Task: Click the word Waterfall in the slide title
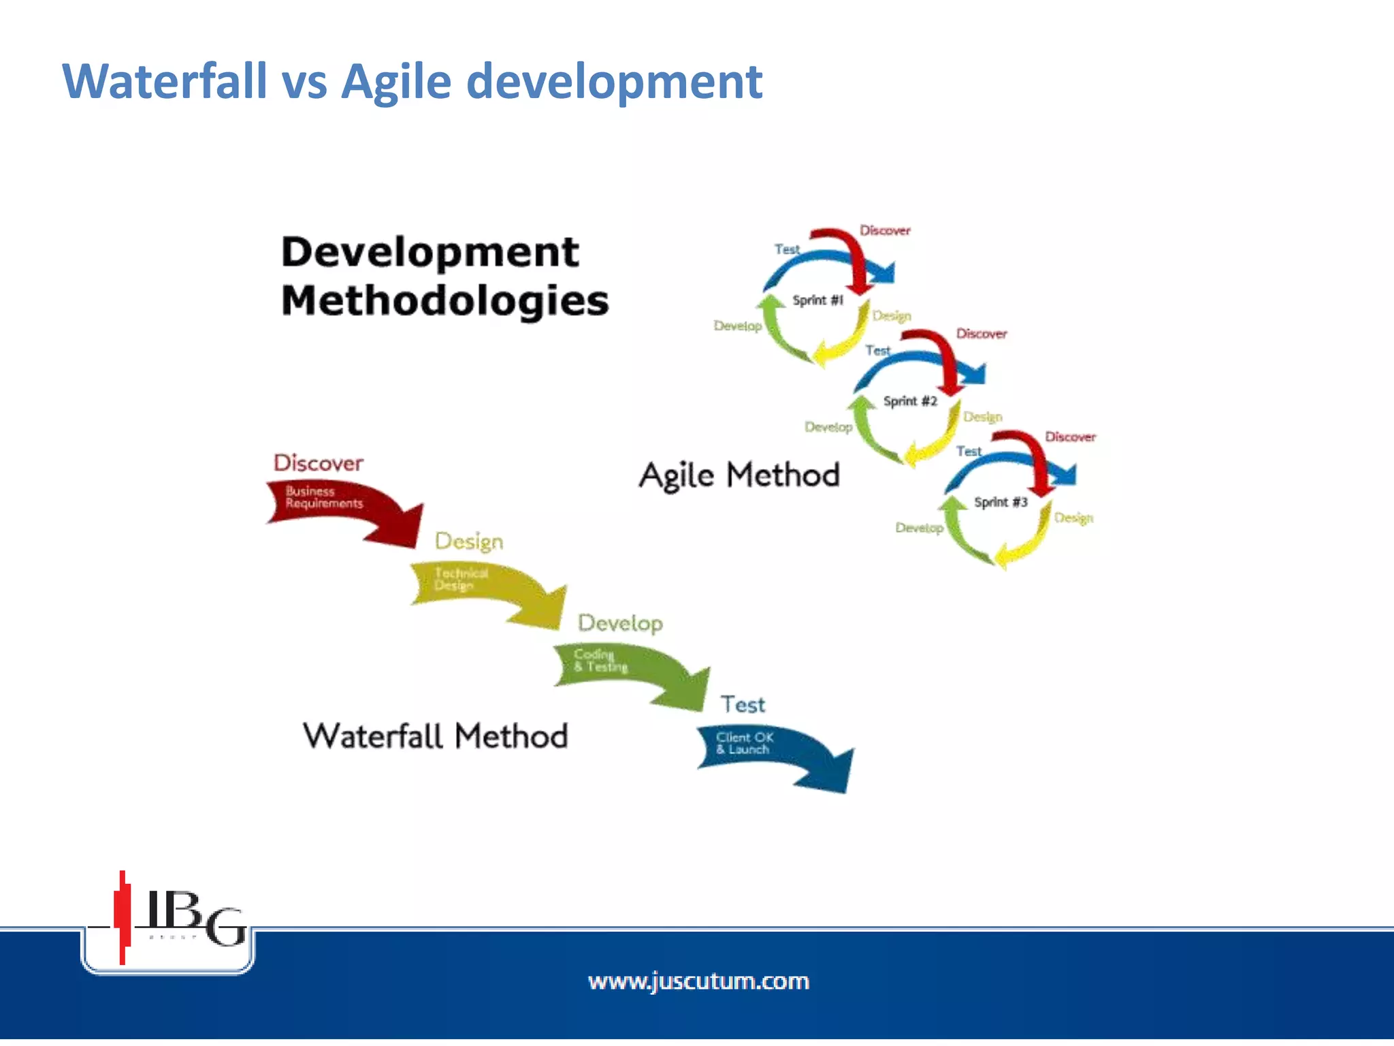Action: click(164, 82)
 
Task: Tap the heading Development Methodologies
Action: click(444, 276)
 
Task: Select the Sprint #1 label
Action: click(817, 300)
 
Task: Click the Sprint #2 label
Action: click(910, 401)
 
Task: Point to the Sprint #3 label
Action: click(1000, 503)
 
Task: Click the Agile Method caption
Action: click(739, 475)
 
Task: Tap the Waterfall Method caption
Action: click(436, 736)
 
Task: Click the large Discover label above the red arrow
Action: click(318, 463)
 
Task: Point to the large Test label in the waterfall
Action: click(743, 704)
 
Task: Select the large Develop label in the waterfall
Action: click(620, 622)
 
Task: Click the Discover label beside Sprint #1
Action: click(884, 231)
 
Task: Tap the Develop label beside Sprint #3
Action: click(919, 528)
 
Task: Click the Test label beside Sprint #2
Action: click(877, 351)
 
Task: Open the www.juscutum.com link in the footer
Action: click(698, 981)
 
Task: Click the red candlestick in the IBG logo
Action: click(123, 916)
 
